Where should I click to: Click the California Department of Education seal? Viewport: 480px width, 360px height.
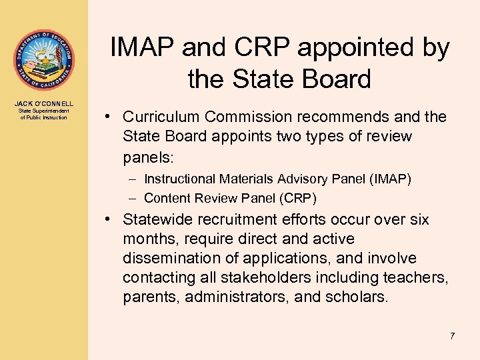43,61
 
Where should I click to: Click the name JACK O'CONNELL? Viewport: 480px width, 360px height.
43,103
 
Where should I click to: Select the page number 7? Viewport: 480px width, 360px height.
452,336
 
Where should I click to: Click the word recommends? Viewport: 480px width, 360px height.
343,117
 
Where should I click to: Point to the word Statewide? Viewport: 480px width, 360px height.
159,220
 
